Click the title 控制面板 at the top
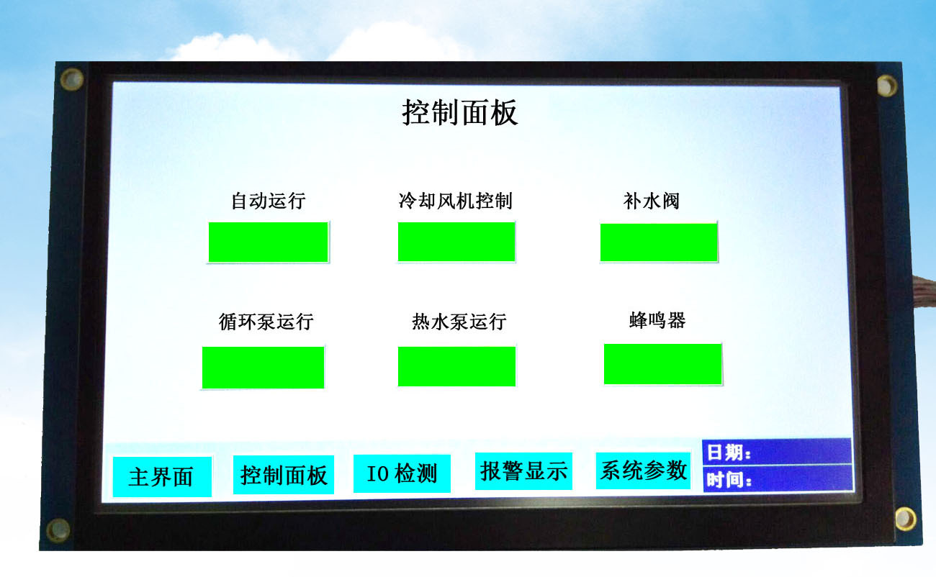pyautogui.click(x=459, y=112)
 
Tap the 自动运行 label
pyautogui.click(x=269, y=201)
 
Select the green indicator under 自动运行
pyautogui.click(x=269, y=242)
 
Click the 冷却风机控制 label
pyautogui.click(x=456, y=201)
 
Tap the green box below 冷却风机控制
pyautogui.click(x=456, y=242)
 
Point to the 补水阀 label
pyautogui.click(x=652, y=201)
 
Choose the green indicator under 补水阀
pyautogui.click(x=659, y=242)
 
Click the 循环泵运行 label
pyautogui.click(x=266, y=322)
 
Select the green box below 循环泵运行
pyautogui.click(x=264, y=368)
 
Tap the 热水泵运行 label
pyautogui.click(x=459, y=322)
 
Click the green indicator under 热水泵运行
pyautogui.click(x=456, y=367)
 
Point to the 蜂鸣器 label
pyautogui.click(x=657, y=320)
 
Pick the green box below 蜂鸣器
pyautogui.click(x=662, y=364)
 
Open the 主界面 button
pyautogui.click(x=162, y=477)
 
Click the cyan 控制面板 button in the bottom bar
pyautogui.click(x=283, y=475)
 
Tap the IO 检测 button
pyautogui.click(x=402, y=473)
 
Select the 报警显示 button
pyautogui.click(x=523, y=471)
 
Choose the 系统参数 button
pyautogui.click(x=643, y=471)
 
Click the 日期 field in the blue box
pyautogui.click(x=777, y=452)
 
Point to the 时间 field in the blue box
pyautogui.click(x=778, y=478)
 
